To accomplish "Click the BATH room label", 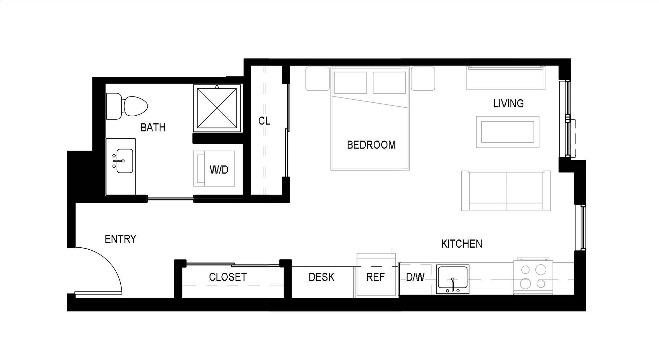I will [x=153, y=127].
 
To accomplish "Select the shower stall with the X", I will [x=217, y=108].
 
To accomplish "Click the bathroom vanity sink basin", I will [x=124, y=161].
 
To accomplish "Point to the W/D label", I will [x=219, y=170].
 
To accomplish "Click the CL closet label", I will [x=264, y=121].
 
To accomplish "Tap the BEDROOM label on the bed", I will [x=371, y=145].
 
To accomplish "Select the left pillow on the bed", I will [x=350, y=82].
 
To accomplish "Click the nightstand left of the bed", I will [x=317, y=78].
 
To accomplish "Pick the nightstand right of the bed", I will [x=423, y=78].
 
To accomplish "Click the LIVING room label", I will [x=508, y=104].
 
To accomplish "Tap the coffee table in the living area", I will [x=507, y=132].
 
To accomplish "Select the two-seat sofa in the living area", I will [x=506, y=191].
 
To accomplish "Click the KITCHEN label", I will [x=461, y=244].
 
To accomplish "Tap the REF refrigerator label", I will [x=375, y=277].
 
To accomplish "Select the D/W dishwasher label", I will [x=415, y=277].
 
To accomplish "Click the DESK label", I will [x=321, y=277].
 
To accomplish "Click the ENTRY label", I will [x=120, y=239].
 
